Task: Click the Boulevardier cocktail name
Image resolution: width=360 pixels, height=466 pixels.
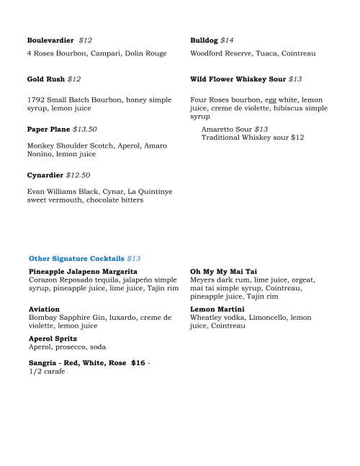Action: [50, 40]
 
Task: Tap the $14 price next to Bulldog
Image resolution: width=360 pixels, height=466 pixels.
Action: [227, 40]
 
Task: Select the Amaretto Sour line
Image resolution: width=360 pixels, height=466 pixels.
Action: [235, 129]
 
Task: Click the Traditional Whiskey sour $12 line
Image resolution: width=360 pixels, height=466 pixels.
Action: [253, 137]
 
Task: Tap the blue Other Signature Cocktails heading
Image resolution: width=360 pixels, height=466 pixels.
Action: [76, 257]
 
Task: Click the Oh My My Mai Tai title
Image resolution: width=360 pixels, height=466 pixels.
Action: [220, 271]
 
